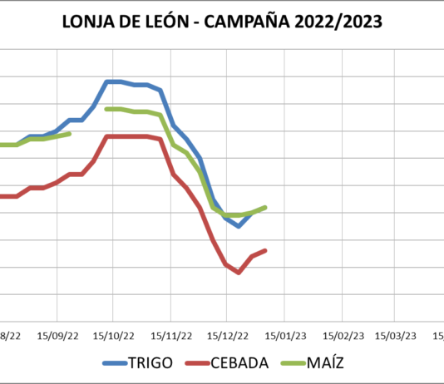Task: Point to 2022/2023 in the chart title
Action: (x=343, y=22)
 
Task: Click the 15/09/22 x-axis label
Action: (x=57, y=336)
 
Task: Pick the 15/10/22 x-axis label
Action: (x=114, y=336)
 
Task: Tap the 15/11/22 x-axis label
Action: (x=170, y=336)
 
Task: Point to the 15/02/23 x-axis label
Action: (x=342, y=336)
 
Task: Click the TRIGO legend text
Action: (x=152, y=363)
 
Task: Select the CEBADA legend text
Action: (x=241, y=363)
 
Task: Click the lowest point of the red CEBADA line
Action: (x=239, y=272)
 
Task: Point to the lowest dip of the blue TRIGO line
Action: (x=239, y=225)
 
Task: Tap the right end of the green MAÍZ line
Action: (x=265, y=207)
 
